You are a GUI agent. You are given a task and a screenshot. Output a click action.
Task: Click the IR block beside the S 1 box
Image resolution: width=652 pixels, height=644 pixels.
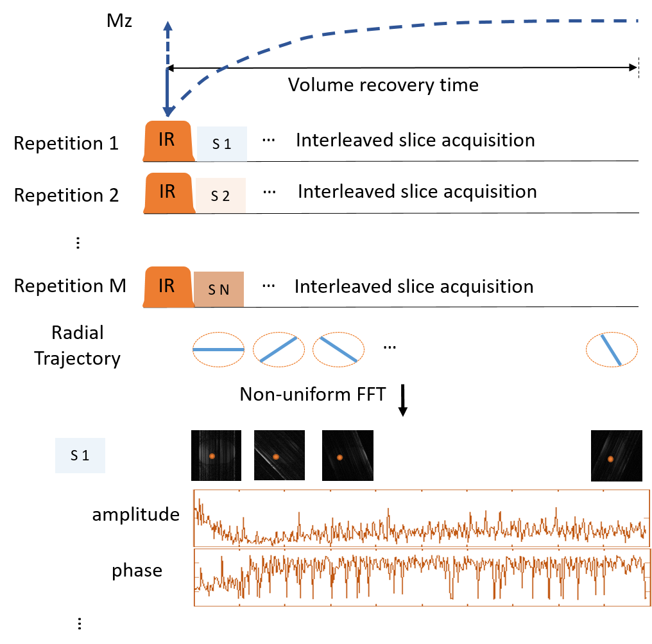pos(167,141)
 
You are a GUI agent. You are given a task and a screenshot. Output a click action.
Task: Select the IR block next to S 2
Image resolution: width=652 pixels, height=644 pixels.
pos(167,192)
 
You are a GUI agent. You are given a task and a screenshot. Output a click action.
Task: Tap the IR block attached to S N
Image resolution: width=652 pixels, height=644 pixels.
pos(167,286)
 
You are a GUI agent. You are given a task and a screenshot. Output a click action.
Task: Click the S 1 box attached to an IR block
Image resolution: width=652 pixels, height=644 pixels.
pos(221,144)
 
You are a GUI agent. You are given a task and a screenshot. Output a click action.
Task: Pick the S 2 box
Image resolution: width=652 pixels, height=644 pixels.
pos(220,196)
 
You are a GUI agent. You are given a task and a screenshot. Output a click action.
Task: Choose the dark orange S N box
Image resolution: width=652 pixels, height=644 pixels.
pos(218,290)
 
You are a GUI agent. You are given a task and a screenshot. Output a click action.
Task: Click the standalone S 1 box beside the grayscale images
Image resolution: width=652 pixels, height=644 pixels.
pos(80,455)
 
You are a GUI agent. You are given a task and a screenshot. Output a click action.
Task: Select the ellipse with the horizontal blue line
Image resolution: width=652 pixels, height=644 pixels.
pos(219,350)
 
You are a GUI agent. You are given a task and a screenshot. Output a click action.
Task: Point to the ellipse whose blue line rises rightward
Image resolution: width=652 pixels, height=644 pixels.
pos(279,350)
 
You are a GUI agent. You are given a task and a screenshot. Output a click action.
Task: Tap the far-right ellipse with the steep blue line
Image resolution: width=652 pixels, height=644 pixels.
pos(612,350)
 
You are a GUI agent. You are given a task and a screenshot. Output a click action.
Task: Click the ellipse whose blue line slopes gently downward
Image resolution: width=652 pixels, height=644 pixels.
pos(338,350)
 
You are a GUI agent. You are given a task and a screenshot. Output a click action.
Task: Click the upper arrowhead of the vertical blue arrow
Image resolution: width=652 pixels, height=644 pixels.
pos(167,26)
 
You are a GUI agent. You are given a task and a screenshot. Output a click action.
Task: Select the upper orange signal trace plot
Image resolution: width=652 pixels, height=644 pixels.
pos(421,518)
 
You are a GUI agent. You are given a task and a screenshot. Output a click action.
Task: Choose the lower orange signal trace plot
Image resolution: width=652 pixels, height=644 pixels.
pos(421,577)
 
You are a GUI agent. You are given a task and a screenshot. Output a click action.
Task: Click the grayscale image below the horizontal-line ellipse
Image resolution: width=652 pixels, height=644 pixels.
pos(213,455)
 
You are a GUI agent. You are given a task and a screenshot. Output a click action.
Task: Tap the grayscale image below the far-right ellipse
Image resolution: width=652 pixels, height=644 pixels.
pos(616,456)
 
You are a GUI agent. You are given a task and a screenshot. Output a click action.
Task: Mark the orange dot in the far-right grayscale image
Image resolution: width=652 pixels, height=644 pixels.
pos(610,458)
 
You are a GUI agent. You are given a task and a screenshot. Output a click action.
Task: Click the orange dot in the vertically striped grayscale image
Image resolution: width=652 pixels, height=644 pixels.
pos(211,456)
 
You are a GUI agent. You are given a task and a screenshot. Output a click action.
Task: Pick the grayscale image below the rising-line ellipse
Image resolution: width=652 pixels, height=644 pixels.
pos(279,455)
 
